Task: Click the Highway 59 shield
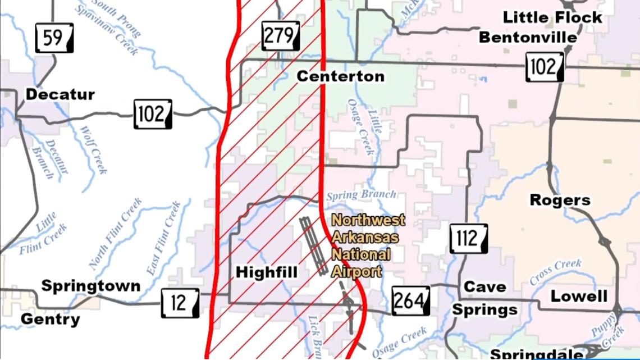point(54,39)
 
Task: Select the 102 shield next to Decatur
point(153,114)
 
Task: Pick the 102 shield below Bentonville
point(545,67)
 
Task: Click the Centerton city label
point(340,76)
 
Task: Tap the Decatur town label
point(60,94)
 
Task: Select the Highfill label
point(266,272)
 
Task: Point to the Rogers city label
point(560,200)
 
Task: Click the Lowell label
point(578,296)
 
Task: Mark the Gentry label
point(50,320)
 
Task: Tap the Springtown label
point(91,286)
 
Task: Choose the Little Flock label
point(552,17)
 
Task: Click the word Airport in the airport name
point(356,272)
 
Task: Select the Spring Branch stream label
point(360,194)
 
